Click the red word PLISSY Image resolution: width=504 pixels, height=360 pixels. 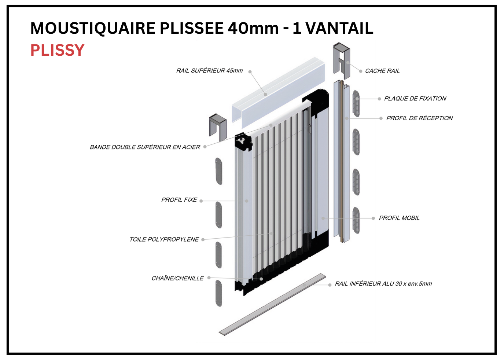coord(58,50)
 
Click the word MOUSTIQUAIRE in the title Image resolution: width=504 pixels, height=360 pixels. coord(93,28)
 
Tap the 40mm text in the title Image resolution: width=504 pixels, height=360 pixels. coord(253,28)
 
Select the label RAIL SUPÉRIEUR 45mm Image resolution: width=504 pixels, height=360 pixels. coord(209,71)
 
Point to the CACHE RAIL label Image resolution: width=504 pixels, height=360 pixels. coord(382,71)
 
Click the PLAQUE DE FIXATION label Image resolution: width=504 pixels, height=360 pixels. coord(415,99)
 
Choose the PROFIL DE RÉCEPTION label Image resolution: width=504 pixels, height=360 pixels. coord(419,118)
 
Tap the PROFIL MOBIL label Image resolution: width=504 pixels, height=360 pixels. coord(399,218)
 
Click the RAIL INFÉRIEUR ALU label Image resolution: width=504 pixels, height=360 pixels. coord(383,283)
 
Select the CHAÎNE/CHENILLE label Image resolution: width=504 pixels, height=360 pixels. coord(177,278)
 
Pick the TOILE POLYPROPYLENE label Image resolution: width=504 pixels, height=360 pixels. coord(164,239)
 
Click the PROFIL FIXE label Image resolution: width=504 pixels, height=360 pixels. coord(179,200)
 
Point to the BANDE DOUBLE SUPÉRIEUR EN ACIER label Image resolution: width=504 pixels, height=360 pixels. coord(145,147)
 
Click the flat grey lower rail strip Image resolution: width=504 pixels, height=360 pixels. coord(272,305)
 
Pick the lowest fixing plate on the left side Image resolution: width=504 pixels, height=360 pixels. coord(219,293)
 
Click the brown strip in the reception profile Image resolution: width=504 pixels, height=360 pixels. coord(342,161)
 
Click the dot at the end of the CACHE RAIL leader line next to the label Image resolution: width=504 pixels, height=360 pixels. coord(361,71)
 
